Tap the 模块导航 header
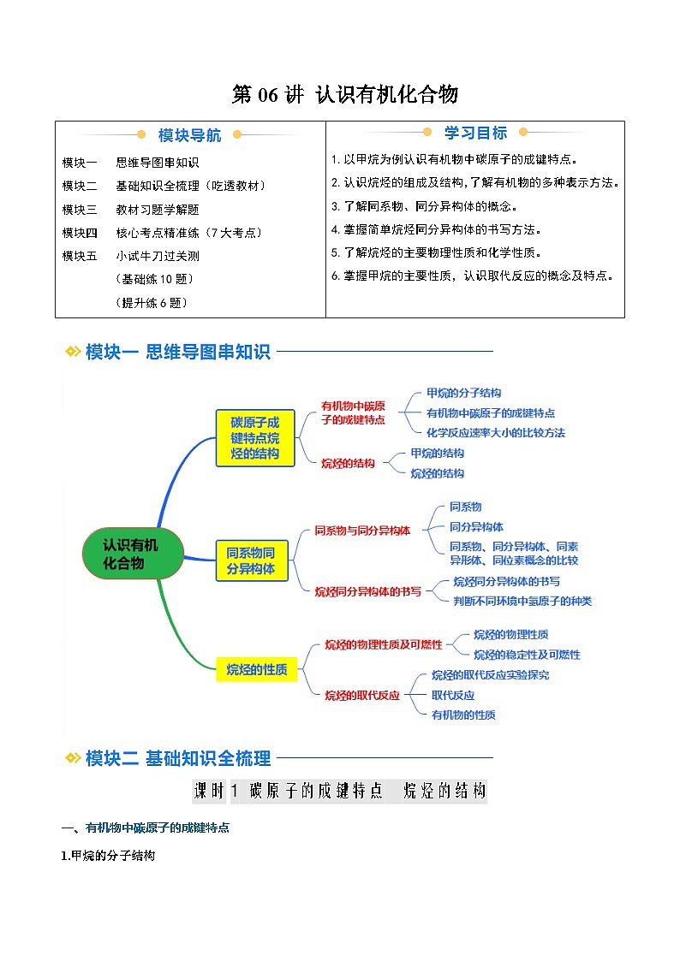(189, 135)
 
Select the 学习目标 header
(475, 133)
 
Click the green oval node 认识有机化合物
(133, 553)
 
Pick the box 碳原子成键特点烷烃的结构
(254, 438)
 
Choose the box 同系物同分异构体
(251, 560)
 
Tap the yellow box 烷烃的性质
(256, 670)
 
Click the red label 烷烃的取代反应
(361, 696)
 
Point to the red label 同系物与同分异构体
(362, 531)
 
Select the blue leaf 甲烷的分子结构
(463, 393)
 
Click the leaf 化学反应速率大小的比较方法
(495, 433)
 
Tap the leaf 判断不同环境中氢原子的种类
(522, 601)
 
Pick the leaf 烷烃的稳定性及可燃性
(527, 655)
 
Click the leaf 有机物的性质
(462, 715)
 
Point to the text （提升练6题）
(151, 302)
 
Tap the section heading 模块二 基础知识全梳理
(178, 758)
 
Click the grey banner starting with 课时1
(340, 791)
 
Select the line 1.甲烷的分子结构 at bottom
(108, 855)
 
